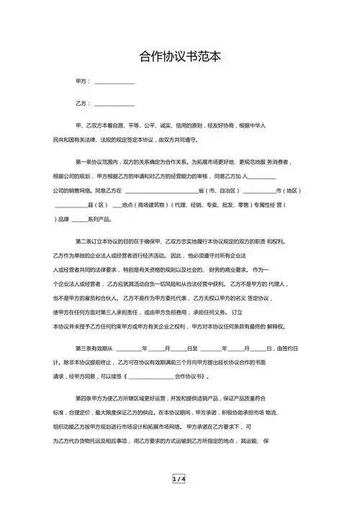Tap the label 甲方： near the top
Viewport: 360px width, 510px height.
point(84,82)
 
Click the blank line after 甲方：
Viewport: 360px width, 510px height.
point(114,83)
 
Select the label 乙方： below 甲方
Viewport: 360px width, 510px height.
point(84,103)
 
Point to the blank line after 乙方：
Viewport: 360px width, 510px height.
point(114,104)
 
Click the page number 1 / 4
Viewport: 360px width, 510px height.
point(179,479)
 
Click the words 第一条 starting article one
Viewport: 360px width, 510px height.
point(85,163)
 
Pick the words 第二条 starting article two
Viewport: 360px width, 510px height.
point(85,240)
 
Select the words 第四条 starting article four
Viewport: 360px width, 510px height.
point(85,397)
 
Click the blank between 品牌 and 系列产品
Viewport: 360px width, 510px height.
point(78,218)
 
